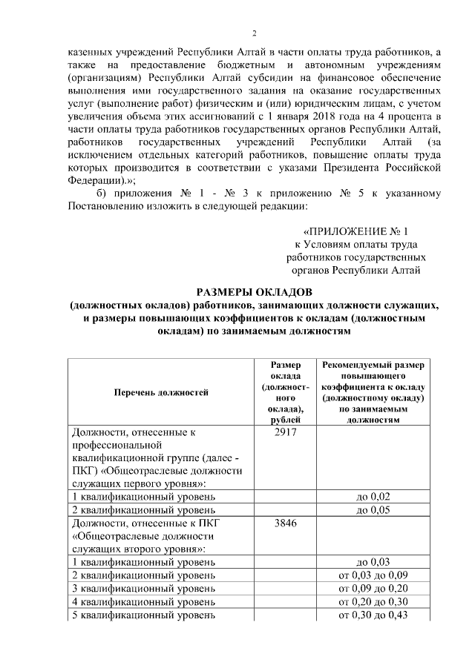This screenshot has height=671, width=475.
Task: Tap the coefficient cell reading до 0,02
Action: (x=373, y=496)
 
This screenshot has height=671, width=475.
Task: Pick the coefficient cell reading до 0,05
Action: (x=373, y=510)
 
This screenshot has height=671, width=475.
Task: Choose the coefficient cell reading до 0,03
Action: (x=373, y=562)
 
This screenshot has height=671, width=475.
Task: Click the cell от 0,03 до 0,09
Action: (x=373, y=575)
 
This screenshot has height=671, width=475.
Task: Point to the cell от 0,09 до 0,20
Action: (x=373, y=589)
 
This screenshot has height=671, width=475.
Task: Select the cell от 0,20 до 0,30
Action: (x=373, y=602)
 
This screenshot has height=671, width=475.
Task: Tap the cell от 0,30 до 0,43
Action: (x=373, y=615)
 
